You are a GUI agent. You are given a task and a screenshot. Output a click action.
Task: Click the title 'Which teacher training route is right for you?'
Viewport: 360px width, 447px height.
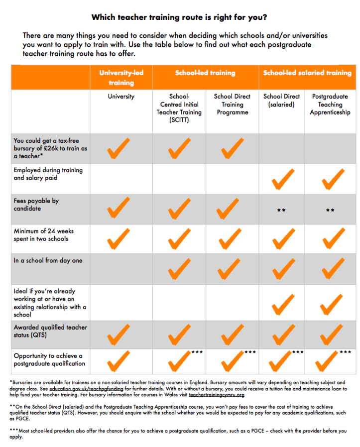point(179,17)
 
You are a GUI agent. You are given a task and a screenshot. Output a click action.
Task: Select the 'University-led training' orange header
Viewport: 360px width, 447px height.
point(121,78)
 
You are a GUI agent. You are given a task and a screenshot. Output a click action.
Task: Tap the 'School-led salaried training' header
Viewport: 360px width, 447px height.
point(307,73)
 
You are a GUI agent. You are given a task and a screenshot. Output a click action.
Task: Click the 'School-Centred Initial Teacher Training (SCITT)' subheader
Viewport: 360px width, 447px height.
point(179,108)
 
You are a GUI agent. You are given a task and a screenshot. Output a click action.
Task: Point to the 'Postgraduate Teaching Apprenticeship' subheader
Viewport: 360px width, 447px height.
point(330,105)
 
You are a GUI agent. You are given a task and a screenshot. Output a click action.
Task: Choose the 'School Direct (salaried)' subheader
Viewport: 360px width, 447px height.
point(281,101)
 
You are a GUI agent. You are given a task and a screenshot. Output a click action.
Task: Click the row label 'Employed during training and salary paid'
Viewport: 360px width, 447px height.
point(48,174)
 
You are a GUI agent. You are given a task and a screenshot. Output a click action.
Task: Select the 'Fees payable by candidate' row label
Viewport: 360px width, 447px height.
point(36,205)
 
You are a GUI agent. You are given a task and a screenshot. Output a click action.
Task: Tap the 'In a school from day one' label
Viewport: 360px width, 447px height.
point(48,260)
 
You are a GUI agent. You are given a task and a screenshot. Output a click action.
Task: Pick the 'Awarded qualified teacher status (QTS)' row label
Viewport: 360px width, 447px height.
point(50,331)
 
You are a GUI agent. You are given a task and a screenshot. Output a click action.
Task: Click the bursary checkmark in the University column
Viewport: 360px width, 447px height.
point(119,148)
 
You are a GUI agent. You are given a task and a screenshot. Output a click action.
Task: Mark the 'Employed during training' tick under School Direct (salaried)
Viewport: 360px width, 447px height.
point(283,179)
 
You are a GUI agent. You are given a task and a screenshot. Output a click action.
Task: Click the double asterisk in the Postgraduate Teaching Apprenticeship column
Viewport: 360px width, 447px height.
point(330,210)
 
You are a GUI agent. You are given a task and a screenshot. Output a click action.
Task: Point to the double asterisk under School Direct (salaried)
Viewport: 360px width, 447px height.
point(281,210)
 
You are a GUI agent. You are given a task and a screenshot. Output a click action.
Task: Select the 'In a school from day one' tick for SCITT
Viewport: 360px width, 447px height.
point(179,269)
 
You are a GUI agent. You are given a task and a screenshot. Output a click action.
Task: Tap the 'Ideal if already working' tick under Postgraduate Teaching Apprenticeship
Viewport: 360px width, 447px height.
point(331,305)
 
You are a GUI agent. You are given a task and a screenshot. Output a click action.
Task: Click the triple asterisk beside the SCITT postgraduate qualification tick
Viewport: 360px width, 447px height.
point(197,352)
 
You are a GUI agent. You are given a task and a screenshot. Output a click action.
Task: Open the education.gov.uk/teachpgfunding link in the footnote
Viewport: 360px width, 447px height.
point(87,389)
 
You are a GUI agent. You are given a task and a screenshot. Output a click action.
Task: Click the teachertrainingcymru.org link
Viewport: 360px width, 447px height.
point(217,395)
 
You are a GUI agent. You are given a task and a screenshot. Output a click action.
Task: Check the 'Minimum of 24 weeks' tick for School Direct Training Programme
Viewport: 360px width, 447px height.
point(230,239)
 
